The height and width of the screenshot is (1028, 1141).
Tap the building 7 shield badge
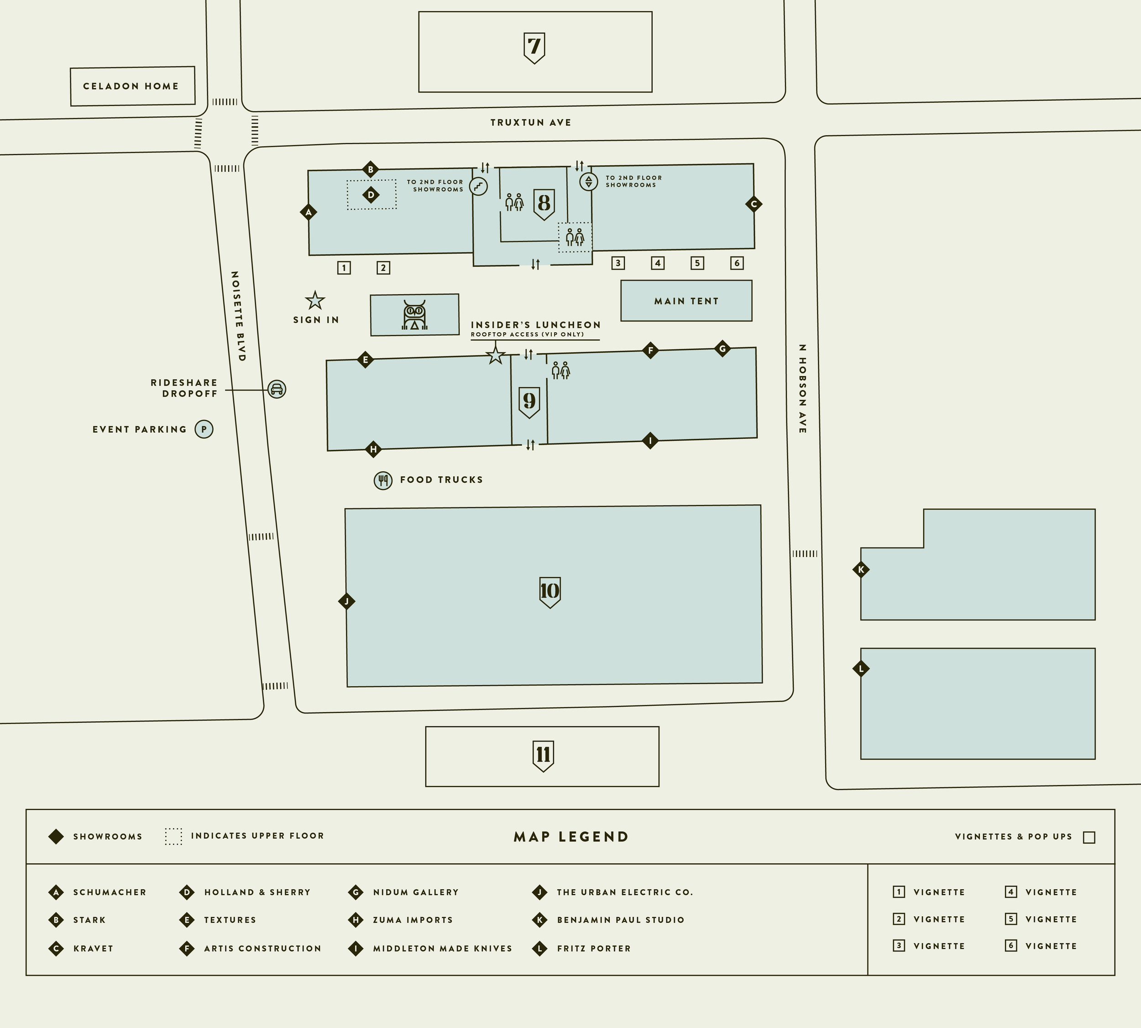pos(534,47)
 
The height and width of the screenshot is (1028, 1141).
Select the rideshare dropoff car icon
pos(277,389)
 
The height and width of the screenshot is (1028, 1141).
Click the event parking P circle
pos(204,429)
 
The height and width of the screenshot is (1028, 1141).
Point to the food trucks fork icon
pos(383,480)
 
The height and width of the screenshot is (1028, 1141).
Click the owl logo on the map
pos(414,315)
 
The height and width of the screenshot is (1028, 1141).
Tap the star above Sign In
pos(314,301)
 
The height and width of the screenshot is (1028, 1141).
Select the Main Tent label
pos(686,301)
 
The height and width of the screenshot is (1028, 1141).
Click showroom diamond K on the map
pos(861,569)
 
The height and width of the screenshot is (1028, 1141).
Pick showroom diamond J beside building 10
pos(347,601)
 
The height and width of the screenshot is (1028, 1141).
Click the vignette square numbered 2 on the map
pos(383,268)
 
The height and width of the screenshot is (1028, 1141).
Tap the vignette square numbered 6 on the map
pos(737,263)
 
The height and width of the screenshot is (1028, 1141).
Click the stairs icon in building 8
pos(478,185)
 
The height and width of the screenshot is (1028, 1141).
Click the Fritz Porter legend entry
pos(593,948)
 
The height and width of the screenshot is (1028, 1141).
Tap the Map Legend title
pos(570,836)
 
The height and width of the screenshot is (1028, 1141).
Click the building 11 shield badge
pos(543,755)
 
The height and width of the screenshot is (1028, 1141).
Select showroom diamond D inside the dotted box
pos(371,195)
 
